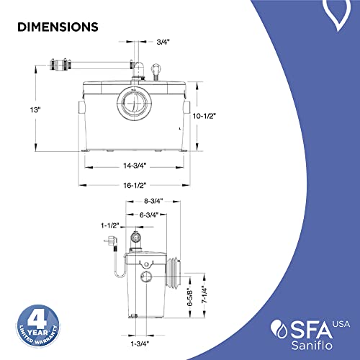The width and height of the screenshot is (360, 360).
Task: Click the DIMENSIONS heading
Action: tap(58, 27)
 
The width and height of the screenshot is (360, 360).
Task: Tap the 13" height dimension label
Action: tap(35, 110)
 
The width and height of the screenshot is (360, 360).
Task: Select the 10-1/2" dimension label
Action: tap(204, 116)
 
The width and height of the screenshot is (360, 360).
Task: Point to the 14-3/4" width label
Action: tap(135, 166)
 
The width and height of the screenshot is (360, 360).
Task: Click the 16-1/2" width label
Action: tap(135, 186)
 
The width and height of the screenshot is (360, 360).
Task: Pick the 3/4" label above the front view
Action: tap(163, 42)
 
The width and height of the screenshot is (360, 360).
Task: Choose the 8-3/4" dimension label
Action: tap(153, 201)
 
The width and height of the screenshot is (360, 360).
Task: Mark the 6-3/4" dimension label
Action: tap(149, 215)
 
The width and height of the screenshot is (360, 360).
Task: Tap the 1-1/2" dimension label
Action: tap(110, 225)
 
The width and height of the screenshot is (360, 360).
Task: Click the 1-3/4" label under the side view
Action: tap(140, 343)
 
